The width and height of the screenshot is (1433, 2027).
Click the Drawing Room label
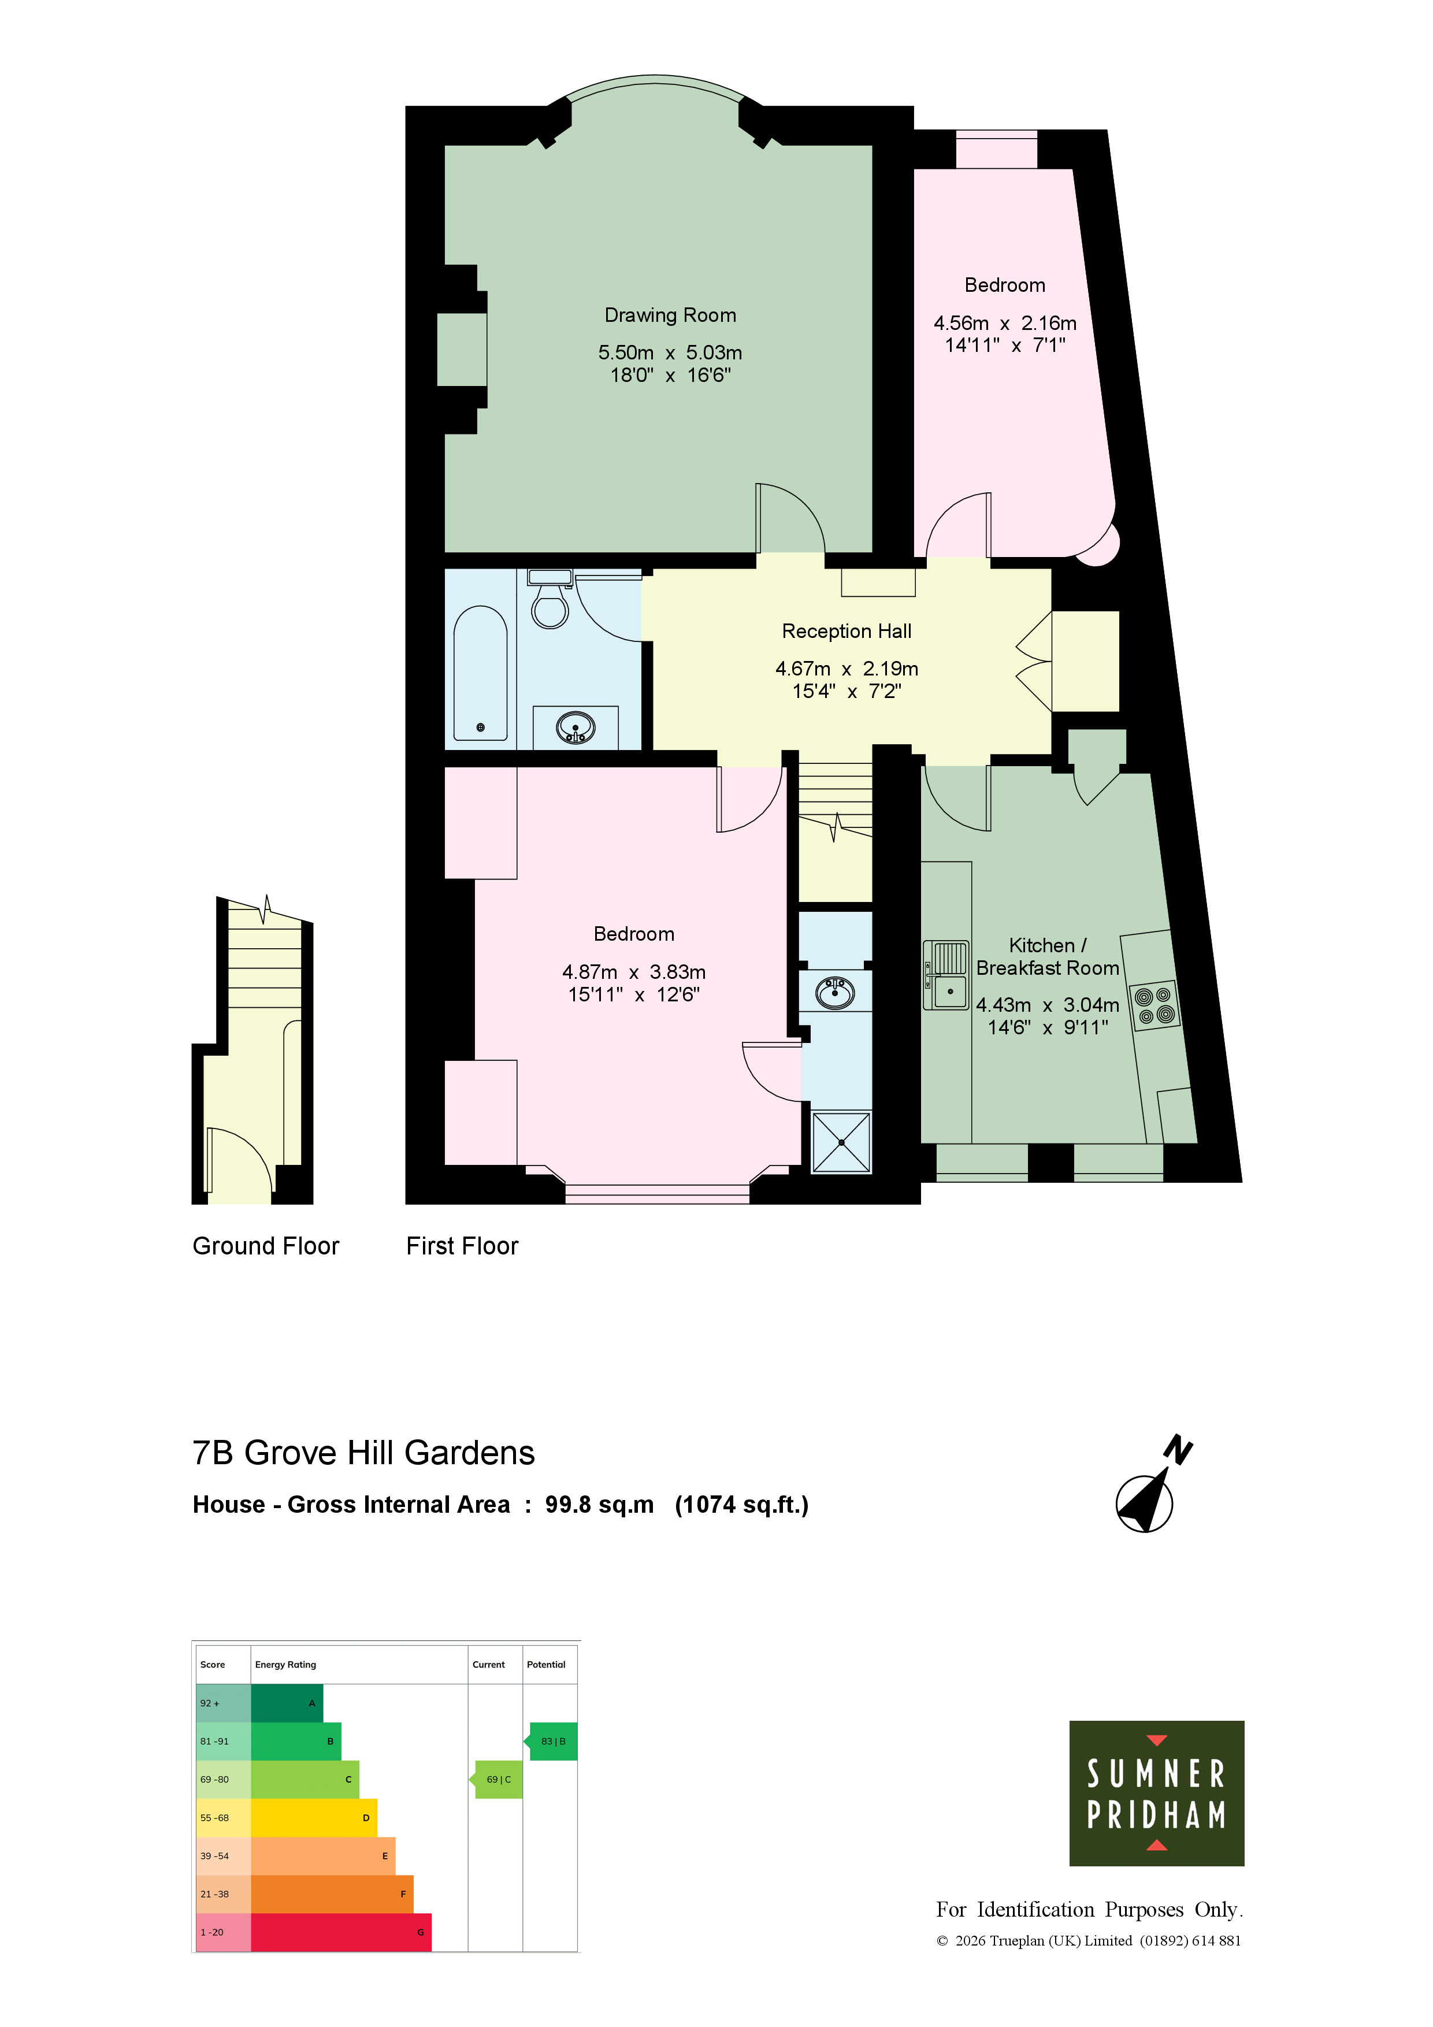(x=670, y=315)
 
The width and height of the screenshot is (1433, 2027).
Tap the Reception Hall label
(x=847, y=631)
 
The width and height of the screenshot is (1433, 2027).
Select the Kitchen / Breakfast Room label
(x=1048, y=957)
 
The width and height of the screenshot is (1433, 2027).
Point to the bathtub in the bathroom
(x=480, y=673)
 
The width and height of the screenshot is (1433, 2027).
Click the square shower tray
(x=841, y=1142)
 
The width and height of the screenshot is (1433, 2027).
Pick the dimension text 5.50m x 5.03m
(x=670, y=353)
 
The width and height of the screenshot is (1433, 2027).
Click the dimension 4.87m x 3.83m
(x=634, y=972)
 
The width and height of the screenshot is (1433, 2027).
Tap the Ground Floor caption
(x=266, y=1246)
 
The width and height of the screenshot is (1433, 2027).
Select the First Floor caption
(x=462, y=1246)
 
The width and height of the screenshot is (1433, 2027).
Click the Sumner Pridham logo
(x=1157, y=1793)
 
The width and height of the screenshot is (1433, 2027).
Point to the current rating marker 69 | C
(x=499, y=1780)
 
